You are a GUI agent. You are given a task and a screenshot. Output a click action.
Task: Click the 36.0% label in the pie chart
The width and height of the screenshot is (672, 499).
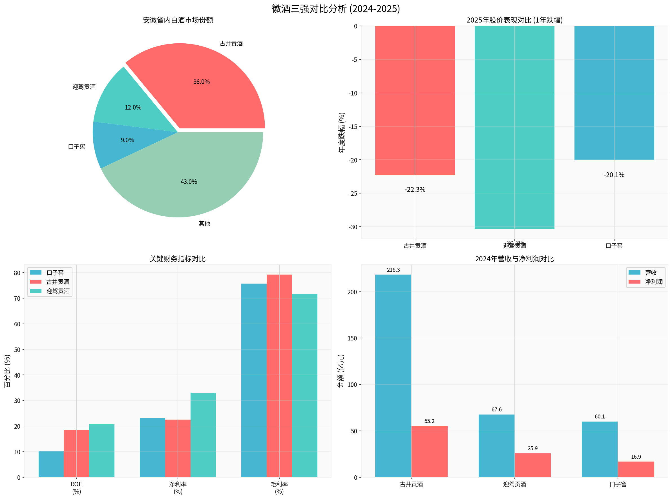(x=201, y=82)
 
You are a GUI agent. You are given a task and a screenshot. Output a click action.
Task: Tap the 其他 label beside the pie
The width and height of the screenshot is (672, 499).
(x=204, y=224)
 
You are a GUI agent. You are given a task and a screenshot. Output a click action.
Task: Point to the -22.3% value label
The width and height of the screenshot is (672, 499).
(x=415, y=190)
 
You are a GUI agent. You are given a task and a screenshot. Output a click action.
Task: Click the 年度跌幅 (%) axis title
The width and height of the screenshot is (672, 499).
(x=341, y=133)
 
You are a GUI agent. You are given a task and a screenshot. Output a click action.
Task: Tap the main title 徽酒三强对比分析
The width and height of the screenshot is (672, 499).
(x=335, y=8)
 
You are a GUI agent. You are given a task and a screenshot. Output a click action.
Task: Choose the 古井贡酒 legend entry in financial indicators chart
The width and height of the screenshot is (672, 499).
(x=58, y=282)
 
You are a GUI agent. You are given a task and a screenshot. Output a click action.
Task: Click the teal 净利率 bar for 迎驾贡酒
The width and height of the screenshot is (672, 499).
(x=203, y=435)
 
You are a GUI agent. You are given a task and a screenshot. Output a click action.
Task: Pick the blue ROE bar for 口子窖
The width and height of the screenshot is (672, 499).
(x=51, y=464)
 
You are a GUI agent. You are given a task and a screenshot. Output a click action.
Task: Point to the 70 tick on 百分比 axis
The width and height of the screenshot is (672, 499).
(x=17, y=298)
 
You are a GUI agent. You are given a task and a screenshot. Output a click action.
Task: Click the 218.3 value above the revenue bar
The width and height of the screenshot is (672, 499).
(x=393, y=270)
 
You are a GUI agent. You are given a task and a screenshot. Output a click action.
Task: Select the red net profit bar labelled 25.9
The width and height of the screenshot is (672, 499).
(x=533, y=465)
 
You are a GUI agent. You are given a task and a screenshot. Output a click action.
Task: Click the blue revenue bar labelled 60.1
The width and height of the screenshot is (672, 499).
(x=600, y=449)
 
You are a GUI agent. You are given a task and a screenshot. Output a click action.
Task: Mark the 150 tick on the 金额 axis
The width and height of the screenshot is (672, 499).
(x=352, y=338)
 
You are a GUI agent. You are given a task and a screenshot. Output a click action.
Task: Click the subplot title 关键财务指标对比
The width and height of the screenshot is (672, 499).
(x=178, y=259)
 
